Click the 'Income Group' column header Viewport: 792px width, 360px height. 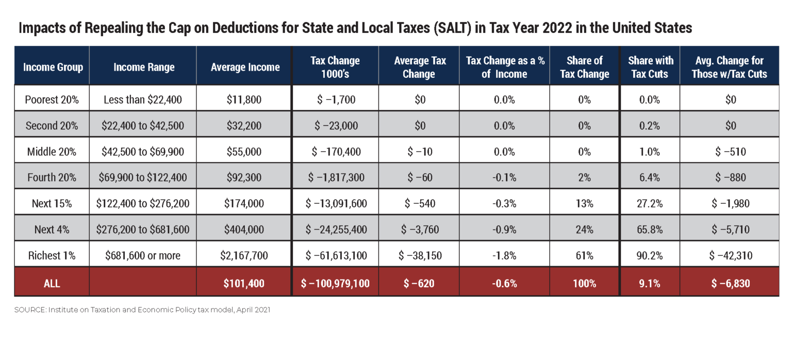pos(53,67)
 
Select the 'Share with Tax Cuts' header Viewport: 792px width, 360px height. pos(650,67)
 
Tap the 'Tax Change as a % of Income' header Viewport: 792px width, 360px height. pos(505,67)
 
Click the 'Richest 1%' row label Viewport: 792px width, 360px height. pos(52,255)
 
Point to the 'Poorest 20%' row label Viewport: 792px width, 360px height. pos(52,100)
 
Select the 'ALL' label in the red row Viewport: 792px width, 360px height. pos(52,283)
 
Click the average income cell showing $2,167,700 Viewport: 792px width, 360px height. pos(244,255)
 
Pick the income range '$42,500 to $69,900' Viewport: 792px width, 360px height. pos(143,152)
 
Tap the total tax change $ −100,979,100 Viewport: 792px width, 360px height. pos(335,283)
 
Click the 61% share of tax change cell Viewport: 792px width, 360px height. pos(584,255)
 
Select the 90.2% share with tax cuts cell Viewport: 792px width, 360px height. pos(650,255)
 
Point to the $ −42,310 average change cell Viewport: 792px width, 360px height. pos(730,255)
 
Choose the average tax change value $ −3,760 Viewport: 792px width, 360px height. pos(418,229)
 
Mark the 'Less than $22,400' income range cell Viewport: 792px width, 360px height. pos(143,100)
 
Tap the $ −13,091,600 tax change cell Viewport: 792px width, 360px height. pos(335,203)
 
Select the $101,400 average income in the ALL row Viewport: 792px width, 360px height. pos(244,283)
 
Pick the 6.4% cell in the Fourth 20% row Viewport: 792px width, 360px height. pos(650,177)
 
